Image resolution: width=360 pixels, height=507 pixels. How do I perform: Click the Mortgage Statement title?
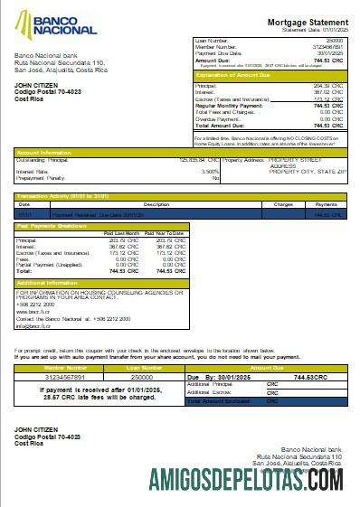(x=303, y=22)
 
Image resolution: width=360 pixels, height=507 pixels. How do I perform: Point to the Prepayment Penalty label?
(x=40, y=177)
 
